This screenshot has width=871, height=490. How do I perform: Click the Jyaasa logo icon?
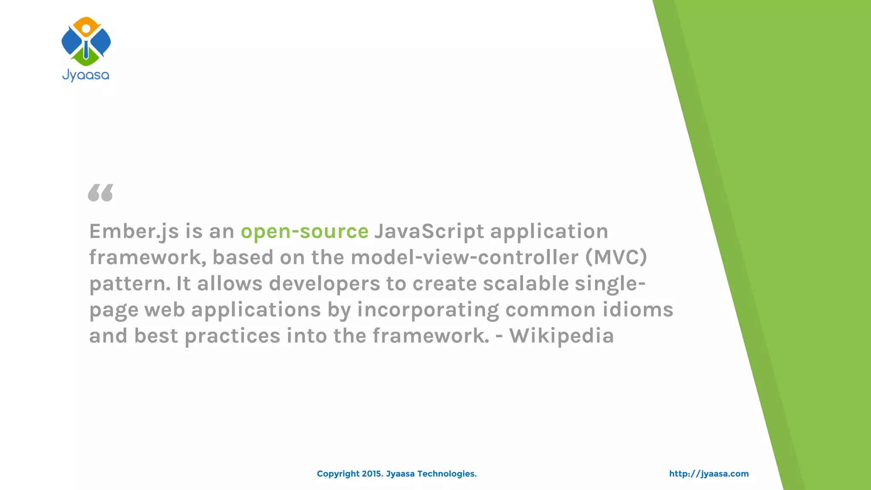coord(86,42)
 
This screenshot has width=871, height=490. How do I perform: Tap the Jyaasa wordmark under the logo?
coord(86,76)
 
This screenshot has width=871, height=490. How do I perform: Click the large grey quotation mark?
coord(101,193)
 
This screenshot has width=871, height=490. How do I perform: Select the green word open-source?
coord(305,231)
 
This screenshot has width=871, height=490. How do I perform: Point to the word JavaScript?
coord(429,231)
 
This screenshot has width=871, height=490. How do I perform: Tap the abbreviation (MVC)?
coord(616,257)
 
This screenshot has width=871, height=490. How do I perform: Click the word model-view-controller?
coord(465,257)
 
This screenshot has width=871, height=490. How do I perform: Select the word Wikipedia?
coord(562,336)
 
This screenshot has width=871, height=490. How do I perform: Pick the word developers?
coord(324,284)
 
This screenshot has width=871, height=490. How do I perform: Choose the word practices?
coord(233,336)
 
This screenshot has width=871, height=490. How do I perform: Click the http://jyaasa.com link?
coord(709,474)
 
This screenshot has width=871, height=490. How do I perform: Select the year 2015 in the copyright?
coord(372,474)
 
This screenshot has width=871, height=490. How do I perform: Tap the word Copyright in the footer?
coord(338,474)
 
